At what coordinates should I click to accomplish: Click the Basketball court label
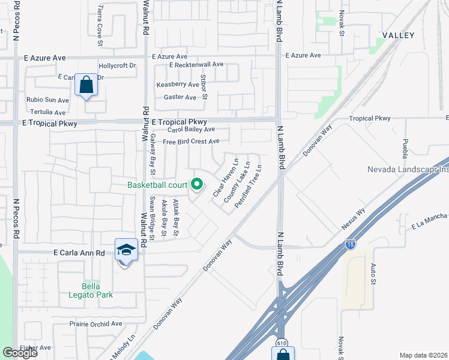pyautogui.click(x=157, y=185)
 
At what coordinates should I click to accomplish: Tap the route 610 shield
pyautogui.click(x=281, y=343)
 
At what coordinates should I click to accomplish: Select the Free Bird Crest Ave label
pyautogui.click(x=191, y=142)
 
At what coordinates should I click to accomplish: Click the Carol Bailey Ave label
pyautogui.click(x=191, y=130)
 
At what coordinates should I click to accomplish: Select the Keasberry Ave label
pyautogui.click(x=178, y=85)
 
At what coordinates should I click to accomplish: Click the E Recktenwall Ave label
pyautogui.click(x=196, y=64)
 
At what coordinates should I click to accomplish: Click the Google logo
pyautogui.click(x=20, y=353)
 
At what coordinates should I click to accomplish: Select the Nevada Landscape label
pyautogui.click(x=408, y=170)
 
